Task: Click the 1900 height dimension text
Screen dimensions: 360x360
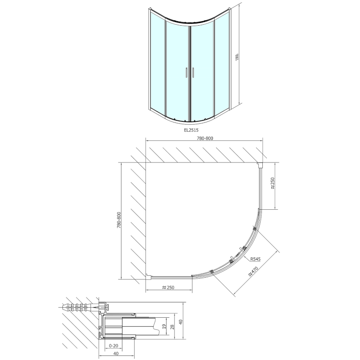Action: point(237,58)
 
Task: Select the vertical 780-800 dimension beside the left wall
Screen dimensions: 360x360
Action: point(119,221)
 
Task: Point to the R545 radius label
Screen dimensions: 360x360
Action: point(256,259)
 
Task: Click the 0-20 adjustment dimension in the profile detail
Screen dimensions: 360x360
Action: point(114,346)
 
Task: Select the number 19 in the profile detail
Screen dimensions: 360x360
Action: point(164,327)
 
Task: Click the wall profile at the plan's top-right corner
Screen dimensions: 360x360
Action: point(261,165)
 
